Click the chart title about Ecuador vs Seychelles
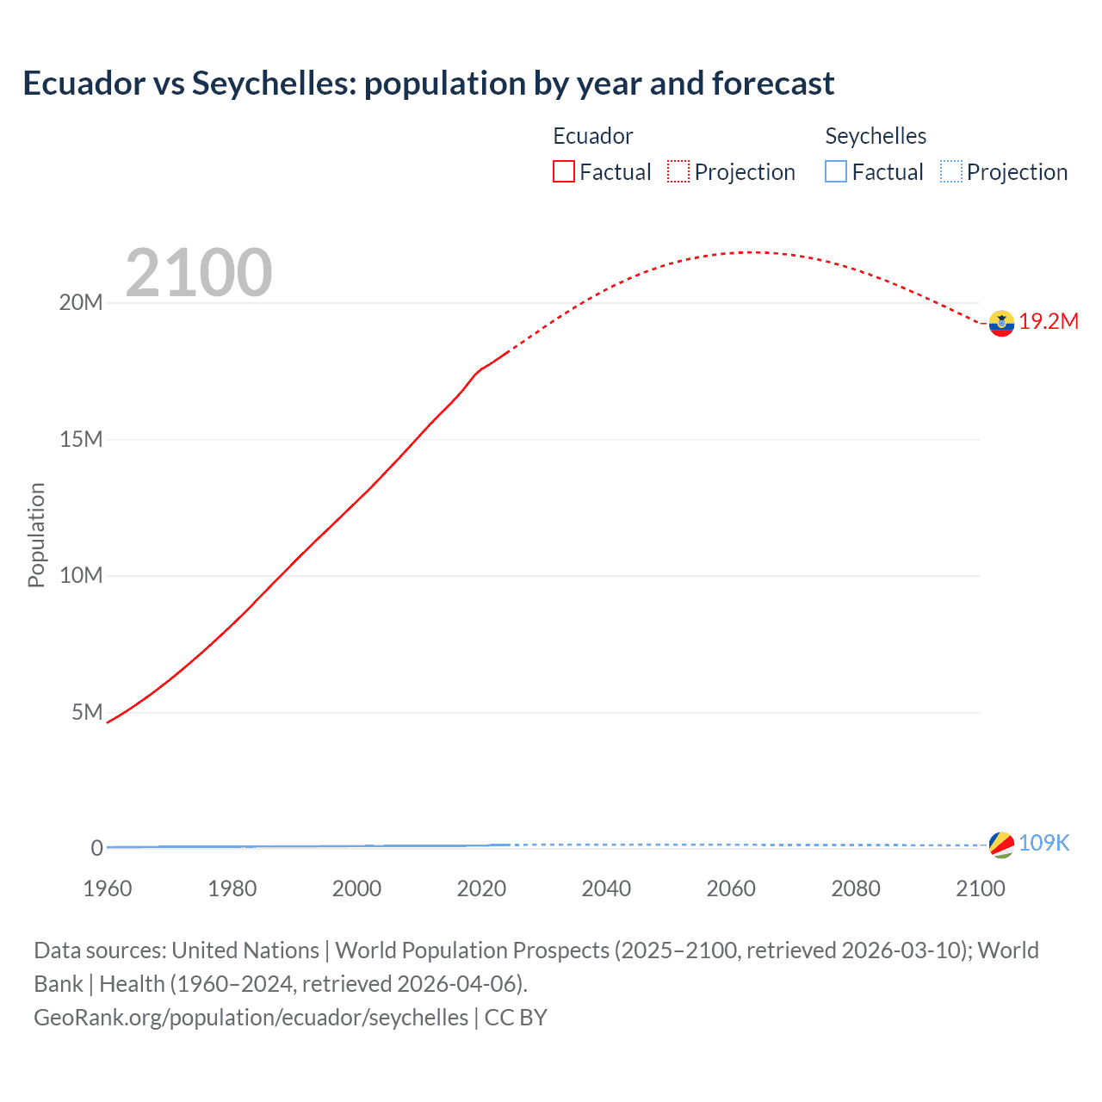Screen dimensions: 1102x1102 click(428, 84)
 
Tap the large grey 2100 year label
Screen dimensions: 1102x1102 click(199, 273)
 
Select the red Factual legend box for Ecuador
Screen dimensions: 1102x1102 click(564, 172)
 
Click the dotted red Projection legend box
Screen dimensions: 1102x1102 click(678, 172)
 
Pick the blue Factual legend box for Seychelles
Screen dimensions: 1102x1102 click(836, 172)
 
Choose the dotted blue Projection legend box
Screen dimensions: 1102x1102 click(950, 172)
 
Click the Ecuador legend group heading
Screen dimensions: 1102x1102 click(592, 136)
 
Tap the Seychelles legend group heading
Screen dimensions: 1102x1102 click(876, 136)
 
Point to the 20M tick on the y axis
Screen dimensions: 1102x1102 click(81, 302)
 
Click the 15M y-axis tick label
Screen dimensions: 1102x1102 click(81, 439)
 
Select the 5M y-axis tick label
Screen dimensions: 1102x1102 click(87, 712)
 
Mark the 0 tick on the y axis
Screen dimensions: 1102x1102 click(97, 848)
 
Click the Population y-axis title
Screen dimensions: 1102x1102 click(36, 535)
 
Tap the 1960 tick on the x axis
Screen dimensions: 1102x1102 click(108, 888)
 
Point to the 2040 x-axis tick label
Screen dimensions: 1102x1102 click(606, 888)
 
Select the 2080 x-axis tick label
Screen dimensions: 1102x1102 click(856, 888)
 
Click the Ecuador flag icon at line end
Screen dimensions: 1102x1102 click(1001, 323)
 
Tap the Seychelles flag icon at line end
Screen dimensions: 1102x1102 click(1001, 845)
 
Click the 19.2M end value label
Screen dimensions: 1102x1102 click(1049, 321)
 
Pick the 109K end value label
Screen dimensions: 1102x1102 click(1043, 844)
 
